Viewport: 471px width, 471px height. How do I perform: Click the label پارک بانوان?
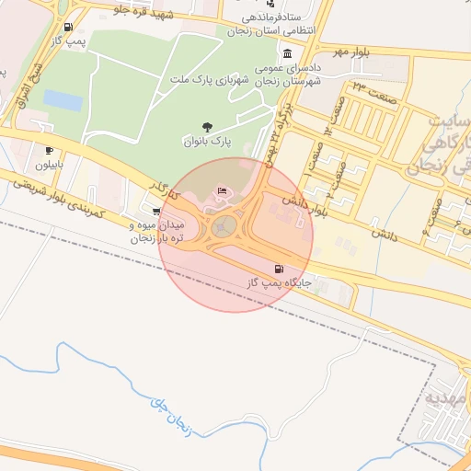[204, 142]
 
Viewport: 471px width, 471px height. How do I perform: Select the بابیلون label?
[51, 166]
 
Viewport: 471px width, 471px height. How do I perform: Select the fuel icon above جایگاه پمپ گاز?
[279, 269]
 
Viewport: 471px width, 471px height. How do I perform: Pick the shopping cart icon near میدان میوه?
[155, 210]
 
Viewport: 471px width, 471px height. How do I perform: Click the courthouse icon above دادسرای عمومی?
[288, 52]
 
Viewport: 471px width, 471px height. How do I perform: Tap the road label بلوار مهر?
[350, 52]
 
